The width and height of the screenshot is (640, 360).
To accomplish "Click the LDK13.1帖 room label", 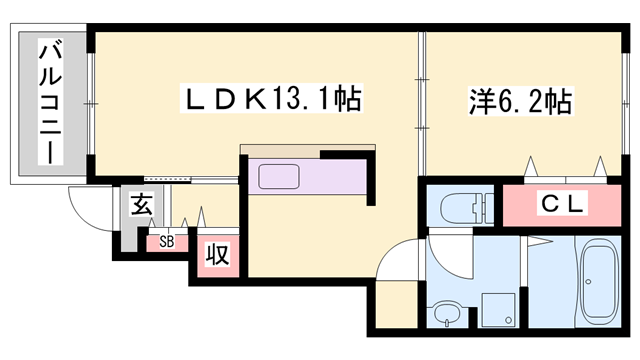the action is tap(269, 100).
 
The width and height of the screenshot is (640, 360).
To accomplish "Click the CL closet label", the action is tap(559, 205).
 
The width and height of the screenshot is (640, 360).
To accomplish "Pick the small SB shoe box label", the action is tap(167, 241).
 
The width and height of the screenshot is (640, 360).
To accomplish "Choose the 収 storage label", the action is tap(215, 255).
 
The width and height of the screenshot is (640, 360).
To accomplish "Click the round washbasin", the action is tap(445, 313).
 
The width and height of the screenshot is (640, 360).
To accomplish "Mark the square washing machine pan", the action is tap(495, 310).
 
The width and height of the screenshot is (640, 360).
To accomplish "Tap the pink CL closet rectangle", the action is tap(559, 205).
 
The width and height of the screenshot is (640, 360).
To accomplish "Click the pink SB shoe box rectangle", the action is tap(167, 241).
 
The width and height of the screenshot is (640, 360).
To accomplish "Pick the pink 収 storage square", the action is tap(215, 255).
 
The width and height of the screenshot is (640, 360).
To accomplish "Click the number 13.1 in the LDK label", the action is tap(309, 100).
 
